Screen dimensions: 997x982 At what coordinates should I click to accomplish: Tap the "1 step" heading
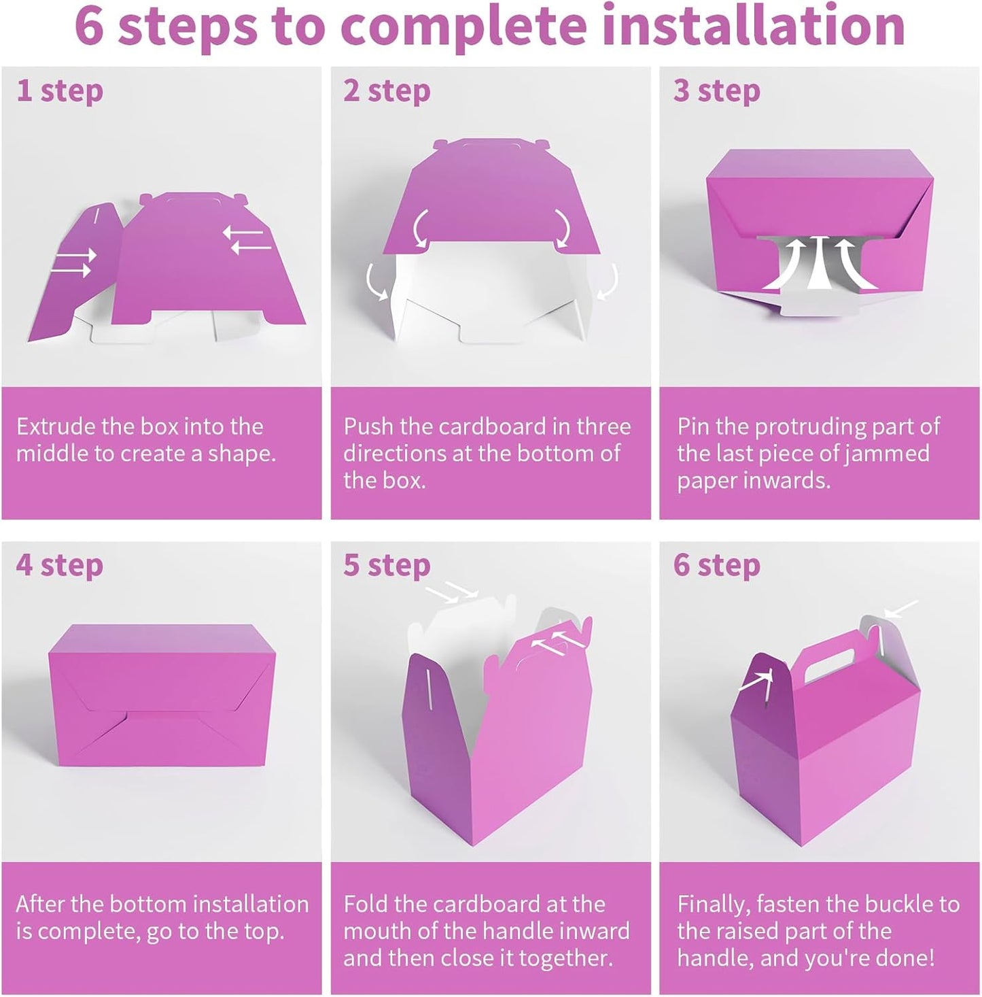point(60,90)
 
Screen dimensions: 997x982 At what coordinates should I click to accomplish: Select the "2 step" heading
point(387,90)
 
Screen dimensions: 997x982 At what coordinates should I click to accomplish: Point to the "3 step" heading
point(716,90)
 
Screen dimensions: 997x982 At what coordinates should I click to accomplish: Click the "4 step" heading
point(60,565)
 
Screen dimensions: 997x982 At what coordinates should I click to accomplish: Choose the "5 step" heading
point(387,565)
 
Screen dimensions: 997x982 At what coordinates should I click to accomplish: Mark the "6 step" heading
point(716,565)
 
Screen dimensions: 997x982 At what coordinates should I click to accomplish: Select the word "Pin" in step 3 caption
point(693,426)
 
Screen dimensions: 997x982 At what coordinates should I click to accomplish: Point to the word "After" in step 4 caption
point(41,904)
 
